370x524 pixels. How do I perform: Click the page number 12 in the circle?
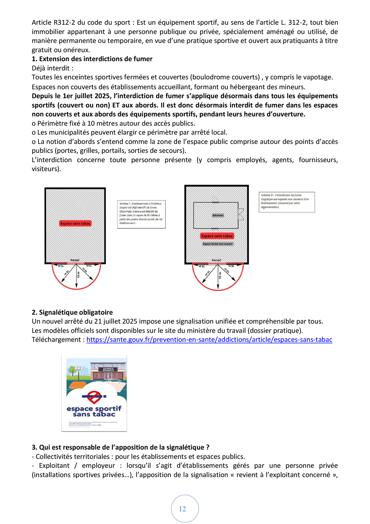click(183, 509)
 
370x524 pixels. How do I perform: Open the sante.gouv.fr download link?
click(209, 340)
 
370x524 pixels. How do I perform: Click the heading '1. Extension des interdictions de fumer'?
click(92, 59)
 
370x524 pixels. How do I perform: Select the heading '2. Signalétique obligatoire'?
click(72, 312)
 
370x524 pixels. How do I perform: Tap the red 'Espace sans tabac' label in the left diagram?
click(76, 223)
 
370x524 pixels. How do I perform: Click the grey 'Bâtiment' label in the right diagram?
click(218, 215)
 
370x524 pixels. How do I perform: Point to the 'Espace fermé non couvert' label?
click(217, 244)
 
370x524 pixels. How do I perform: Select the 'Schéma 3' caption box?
click(286, 202)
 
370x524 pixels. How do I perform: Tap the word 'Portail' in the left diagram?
click(75, 260)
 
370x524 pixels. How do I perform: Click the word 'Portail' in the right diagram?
click(216, 260)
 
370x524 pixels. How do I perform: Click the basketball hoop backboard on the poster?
click(79, 368)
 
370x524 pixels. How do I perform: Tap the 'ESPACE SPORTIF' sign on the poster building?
click(108, 369)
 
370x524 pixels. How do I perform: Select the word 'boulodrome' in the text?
click(209, 77)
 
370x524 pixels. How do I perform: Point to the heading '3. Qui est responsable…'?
click(121, 447)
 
